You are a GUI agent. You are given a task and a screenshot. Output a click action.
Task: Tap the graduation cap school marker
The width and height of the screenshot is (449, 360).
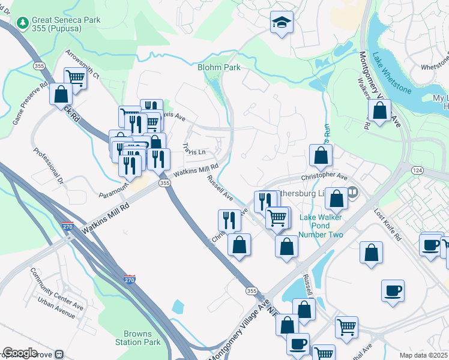coord(282,22)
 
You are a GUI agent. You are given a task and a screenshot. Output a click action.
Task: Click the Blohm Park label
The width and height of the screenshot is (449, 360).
coord(219,68)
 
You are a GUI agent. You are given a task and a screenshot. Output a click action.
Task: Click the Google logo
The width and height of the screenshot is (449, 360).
coord(20,353)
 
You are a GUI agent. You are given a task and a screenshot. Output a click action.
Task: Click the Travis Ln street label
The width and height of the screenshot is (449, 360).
coord(194,148)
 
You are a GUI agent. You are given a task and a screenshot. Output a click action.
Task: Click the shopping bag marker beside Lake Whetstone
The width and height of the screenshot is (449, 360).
coord(379,111)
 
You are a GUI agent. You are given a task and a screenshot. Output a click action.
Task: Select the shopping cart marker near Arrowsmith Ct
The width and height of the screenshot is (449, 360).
coord(75,77)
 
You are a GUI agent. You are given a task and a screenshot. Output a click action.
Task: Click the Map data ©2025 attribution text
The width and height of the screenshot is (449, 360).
coord(424,355)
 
